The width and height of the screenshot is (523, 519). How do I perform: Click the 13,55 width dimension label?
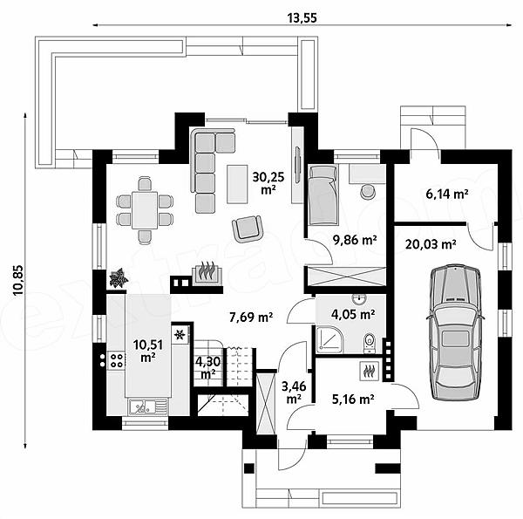coord(302,17)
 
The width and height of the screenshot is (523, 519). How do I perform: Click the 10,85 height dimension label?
coord(18,280)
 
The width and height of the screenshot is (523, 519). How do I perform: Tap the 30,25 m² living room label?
coord(268,183)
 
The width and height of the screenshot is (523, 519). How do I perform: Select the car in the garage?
coord(455,331)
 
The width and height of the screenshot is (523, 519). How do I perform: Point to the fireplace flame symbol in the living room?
coord(207,271)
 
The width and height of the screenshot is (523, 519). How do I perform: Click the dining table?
coord(145,210)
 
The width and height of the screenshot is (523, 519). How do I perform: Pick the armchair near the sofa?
coord(248,229)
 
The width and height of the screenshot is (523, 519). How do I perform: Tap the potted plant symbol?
coord(118,278)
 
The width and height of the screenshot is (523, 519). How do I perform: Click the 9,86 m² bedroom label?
coord(355,239)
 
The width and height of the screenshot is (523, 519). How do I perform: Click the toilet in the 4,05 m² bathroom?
coord(370,343)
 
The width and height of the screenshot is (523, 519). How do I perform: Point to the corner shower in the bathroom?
coord(329,339)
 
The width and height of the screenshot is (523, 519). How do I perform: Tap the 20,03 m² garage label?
coord(431,244)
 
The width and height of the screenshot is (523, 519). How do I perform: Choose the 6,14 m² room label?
coord(447,194)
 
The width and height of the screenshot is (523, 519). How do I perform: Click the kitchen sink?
coord(147,406)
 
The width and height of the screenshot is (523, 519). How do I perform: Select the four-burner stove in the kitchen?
coord(117,360)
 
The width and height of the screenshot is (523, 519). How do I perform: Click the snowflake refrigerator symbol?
coord(180,334)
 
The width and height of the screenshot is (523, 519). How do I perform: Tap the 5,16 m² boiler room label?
coord(353,399)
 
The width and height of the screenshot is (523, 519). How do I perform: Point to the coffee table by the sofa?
coord(237,184)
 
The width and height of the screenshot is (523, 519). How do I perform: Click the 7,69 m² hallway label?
coord(251,317)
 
